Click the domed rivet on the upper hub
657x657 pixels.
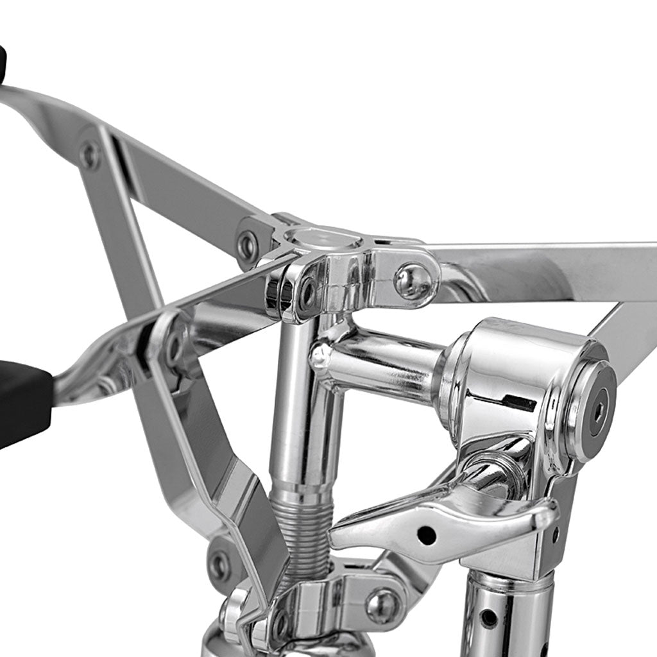pyautogui.click(x=412, y=281)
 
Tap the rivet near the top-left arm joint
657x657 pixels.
pyautogui.click(x=90, y=155)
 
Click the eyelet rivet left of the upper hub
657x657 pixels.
pyautogui.click(x=248, y=244)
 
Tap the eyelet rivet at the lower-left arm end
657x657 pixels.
pyautogui.click(x=219, y=565)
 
